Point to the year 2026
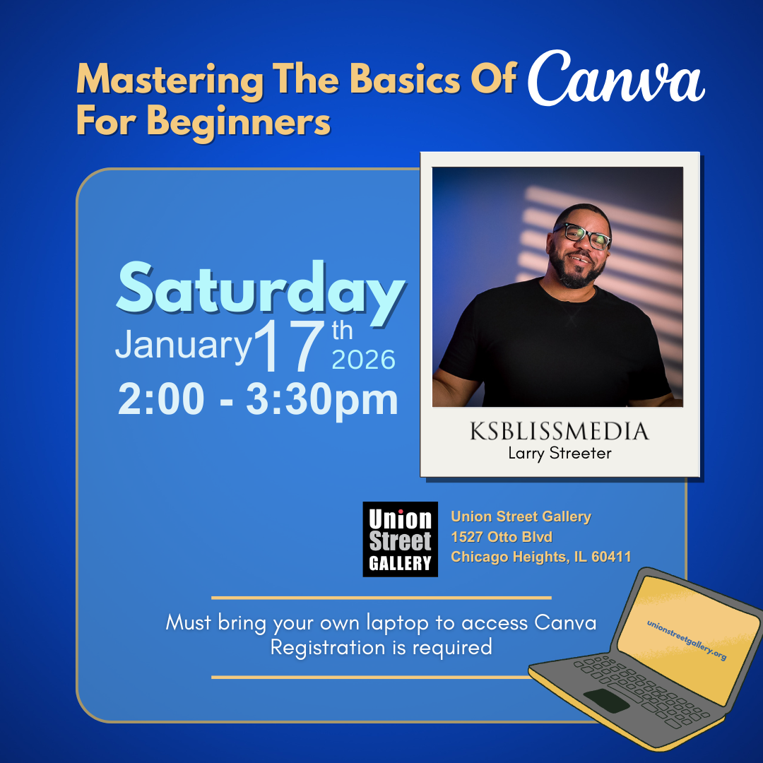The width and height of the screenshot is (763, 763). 363,360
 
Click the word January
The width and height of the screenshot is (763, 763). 183,345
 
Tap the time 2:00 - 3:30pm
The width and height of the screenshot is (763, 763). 258,400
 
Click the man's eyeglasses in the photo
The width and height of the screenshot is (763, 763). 583,235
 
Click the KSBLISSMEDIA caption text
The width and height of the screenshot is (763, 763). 559,431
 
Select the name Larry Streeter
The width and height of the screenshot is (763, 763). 559,453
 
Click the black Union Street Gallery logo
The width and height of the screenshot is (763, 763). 400,539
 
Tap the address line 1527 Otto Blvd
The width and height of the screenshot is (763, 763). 502,537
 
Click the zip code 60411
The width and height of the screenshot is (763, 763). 610,557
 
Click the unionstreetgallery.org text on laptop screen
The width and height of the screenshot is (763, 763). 686,641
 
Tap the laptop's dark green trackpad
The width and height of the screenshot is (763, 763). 606,700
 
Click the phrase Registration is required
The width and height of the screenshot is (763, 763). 381,646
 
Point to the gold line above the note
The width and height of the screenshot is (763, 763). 381,597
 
